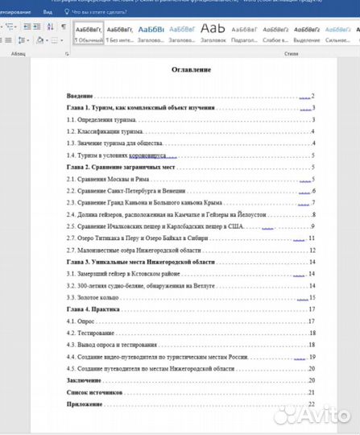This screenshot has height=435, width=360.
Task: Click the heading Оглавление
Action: (191, 70)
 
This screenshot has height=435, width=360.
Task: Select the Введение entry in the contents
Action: (81, 96)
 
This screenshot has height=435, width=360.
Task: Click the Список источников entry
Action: (94, 391)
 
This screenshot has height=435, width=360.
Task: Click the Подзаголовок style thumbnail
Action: (242, 33)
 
